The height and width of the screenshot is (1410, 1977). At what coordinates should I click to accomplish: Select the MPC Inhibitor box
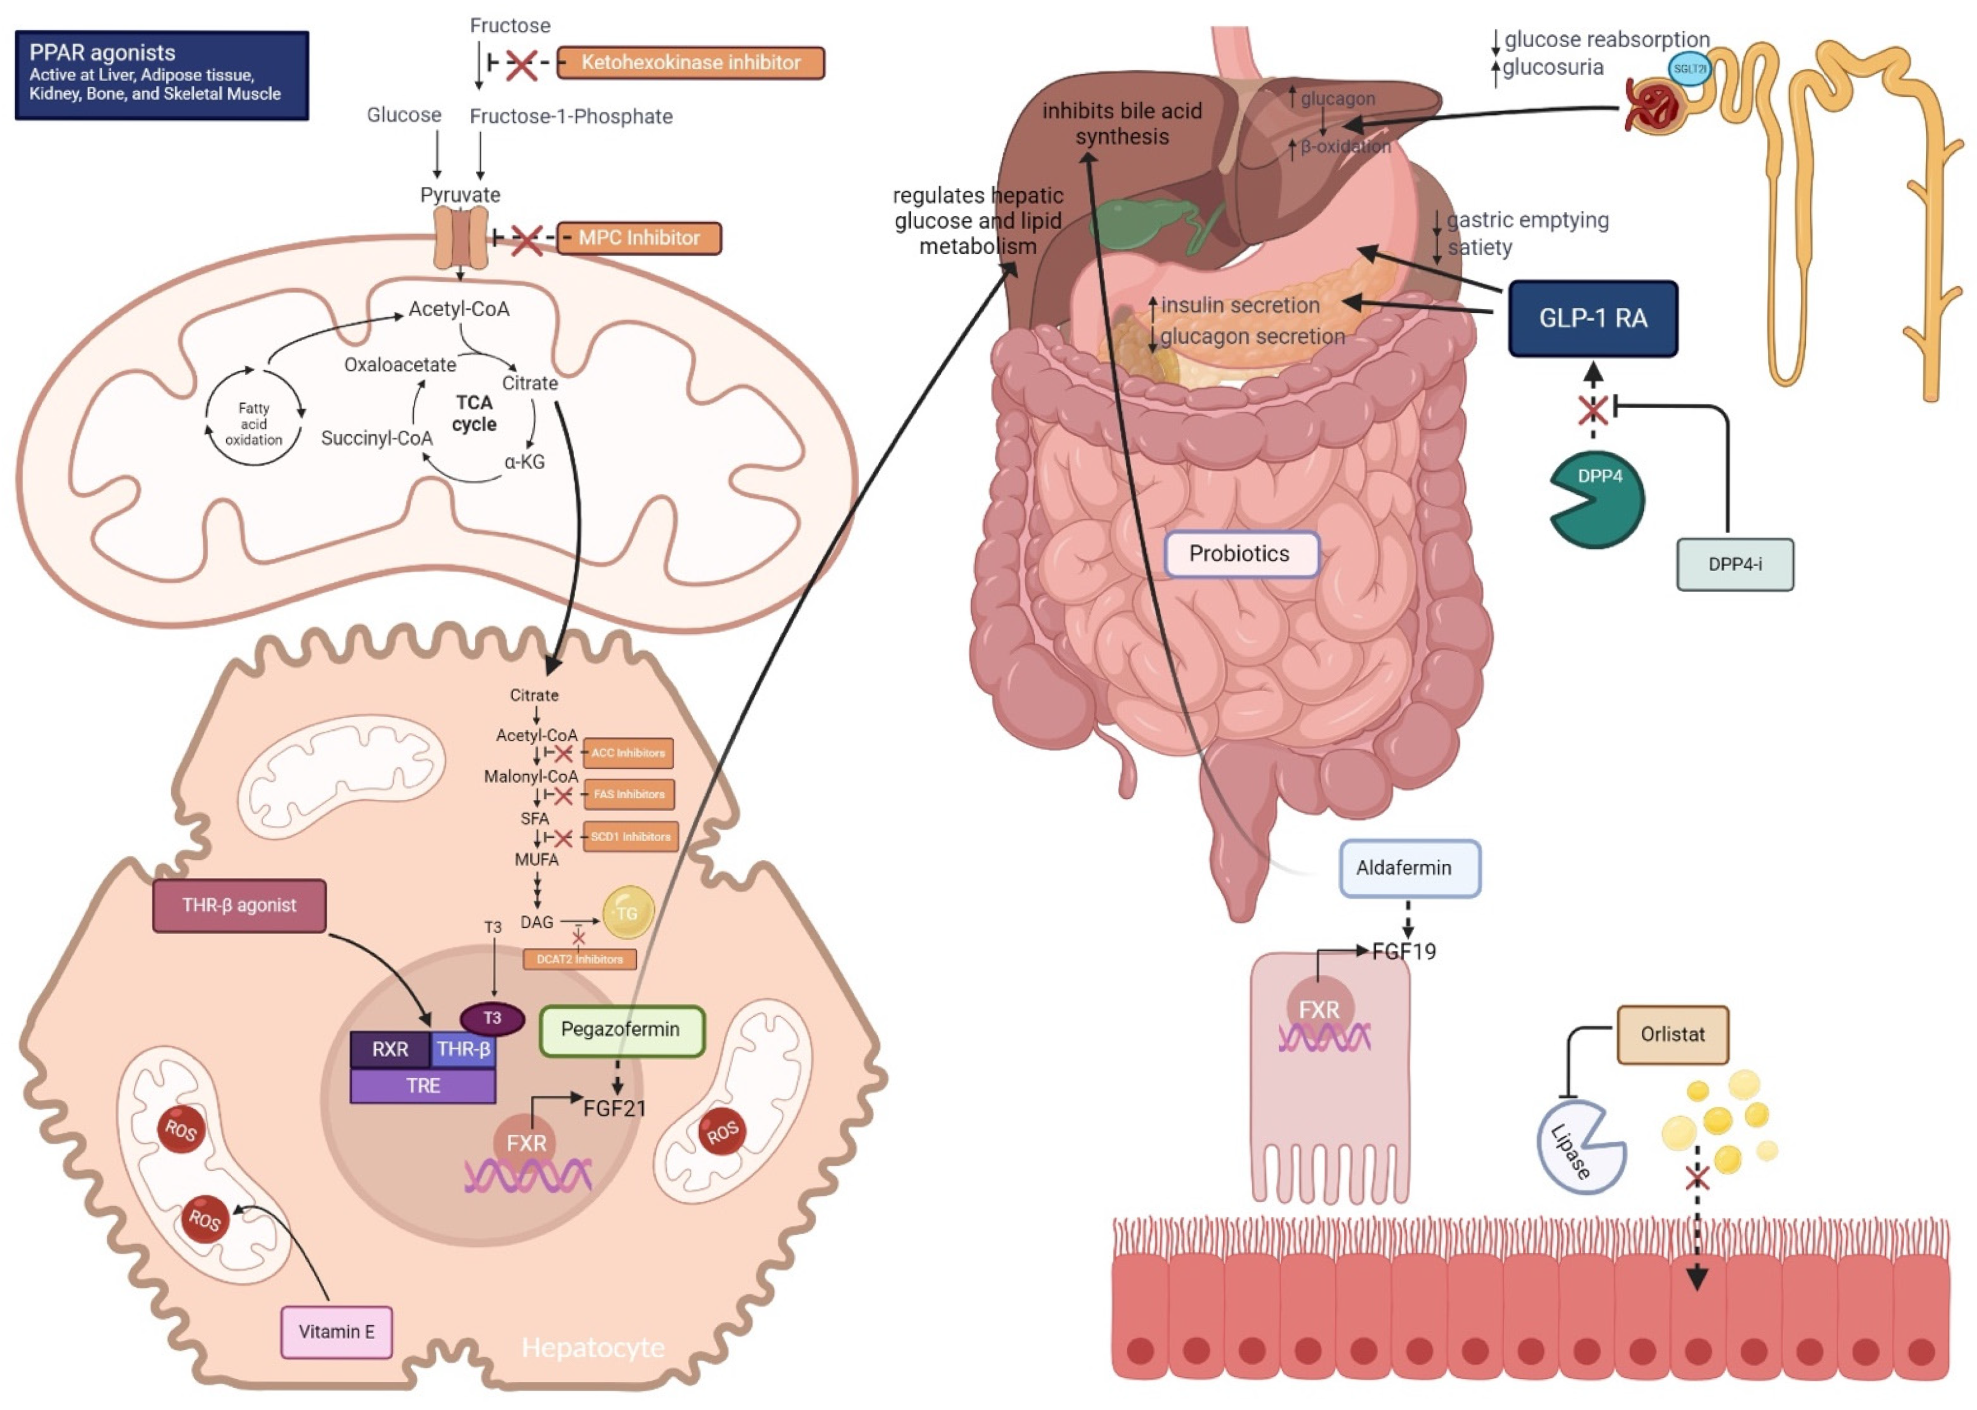tap(638, 238)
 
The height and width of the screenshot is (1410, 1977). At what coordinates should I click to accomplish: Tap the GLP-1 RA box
tap(1592, 318)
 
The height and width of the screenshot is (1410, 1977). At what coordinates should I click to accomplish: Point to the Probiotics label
tap(1240, 554)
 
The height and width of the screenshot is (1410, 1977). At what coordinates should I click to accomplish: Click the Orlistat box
tap(1672, 1035)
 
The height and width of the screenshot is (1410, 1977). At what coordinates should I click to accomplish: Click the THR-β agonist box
tap(239, 905)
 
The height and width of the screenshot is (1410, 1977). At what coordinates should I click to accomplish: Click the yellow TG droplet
tap(628, 913)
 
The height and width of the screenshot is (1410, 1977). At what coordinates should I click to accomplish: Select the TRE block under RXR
tap(423, 1086)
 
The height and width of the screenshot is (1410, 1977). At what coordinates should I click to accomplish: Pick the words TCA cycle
tap(474, 413)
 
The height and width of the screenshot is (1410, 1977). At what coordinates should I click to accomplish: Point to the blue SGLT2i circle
tap(1689, 69)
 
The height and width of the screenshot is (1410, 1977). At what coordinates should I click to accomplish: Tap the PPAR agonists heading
tap(103, 52)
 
